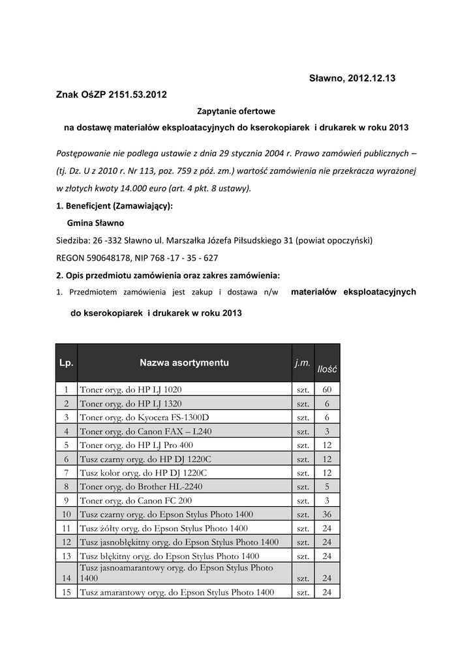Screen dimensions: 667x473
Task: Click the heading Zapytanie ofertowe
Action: pos(236,111)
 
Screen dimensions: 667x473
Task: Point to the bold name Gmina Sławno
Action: pos(95,223)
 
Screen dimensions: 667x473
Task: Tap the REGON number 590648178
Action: pos(106,257)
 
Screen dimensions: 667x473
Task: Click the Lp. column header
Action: pos(66,363)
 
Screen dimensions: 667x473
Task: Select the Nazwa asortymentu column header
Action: pos(184,363)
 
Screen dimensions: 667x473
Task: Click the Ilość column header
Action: pos(327,369)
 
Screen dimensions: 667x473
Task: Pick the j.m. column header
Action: pos(302,363)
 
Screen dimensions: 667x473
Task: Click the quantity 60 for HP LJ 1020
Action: pos(327,390)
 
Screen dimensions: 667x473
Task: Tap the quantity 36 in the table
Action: pos(327,514)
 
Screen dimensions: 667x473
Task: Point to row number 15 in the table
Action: pos(66,592)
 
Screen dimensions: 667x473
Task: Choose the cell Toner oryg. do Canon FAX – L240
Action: pos(145,431)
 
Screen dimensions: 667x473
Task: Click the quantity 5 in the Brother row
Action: pos(327,487)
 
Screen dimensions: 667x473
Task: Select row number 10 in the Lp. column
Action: pos(66,514)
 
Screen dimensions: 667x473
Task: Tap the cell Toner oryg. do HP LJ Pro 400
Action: pos(136,445)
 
